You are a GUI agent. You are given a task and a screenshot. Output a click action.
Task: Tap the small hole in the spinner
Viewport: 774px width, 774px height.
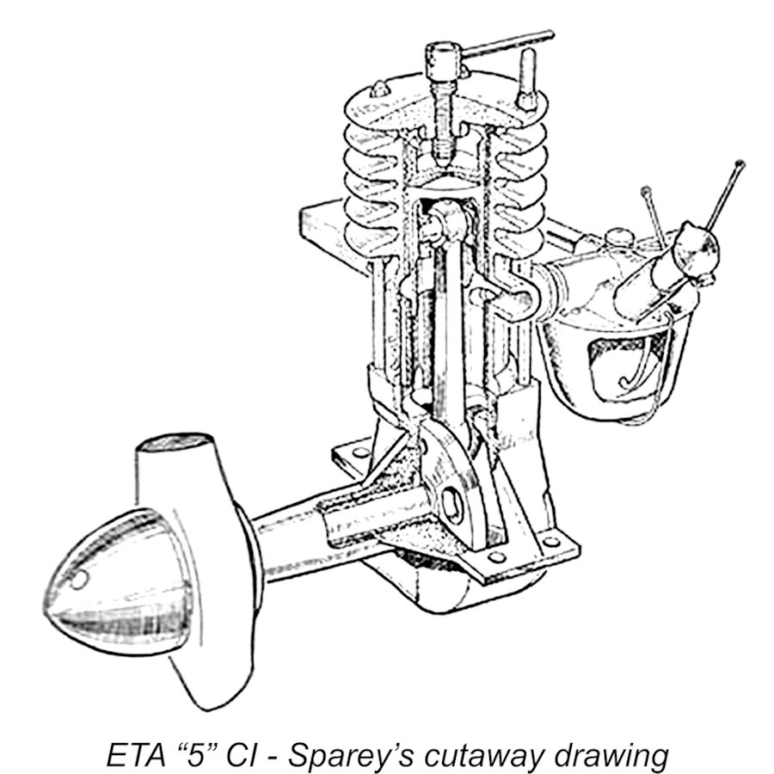click(x=79, y=579)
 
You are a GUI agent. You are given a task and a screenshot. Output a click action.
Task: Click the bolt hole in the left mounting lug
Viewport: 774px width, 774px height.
click(x=361, y=452)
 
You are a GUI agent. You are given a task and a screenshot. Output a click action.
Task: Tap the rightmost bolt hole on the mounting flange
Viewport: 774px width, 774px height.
click(x=551, y=542)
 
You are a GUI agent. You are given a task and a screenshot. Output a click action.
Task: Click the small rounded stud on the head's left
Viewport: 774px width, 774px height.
click(x=379, y=89)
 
